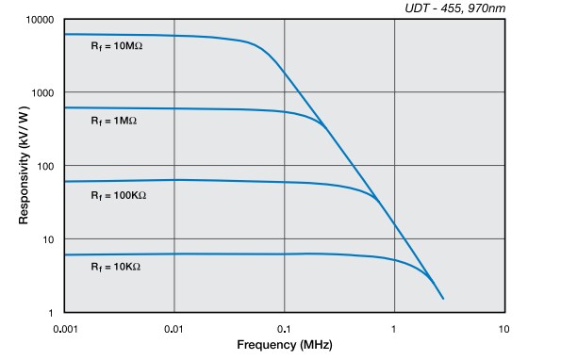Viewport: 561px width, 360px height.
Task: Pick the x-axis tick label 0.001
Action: point(64,329)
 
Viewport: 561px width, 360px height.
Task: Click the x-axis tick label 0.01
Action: point(174,329)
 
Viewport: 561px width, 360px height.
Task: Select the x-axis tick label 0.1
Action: point(285,329)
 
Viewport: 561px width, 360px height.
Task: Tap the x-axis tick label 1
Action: point(394,329)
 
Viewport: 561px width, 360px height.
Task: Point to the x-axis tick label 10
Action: point(504,329)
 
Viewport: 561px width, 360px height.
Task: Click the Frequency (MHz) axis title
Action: point(284,346)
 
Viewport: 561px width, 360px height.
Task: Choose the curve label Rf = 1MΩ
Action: point(114,122)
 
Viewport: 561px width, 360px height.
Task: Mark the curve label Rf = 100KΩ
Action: point(119,195)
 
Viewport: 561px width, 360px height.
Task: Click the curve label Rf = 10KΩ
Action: point(116,268)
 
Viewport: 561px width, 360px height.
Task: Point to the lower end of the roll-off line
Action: point(443,299)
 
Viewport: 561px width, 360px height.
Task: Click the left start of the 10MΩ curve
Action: point(65,34)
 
